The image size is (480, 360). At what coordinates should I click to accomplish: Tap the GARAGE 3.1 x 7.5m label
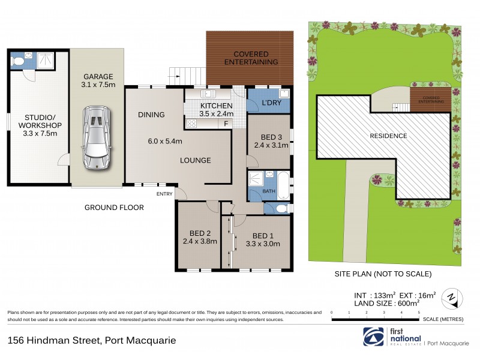pos(98,81)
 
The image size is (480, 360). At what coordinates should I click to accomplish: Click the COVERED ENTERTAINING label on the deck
pos(251,58)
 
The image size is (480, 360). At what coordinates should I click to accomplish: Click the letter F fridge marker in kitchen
pos(226,124)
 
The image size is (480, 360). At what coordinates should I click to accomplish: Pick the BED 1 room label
pos(262,239)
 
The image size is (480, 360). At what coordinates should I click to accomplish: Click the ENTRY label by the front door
pos(164,194)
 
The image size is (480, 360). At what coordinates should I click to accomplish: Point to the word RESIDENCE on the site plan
pos(388,136)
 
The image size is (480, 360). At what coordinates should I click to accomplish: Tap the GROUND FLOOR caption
pos(113,208)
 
